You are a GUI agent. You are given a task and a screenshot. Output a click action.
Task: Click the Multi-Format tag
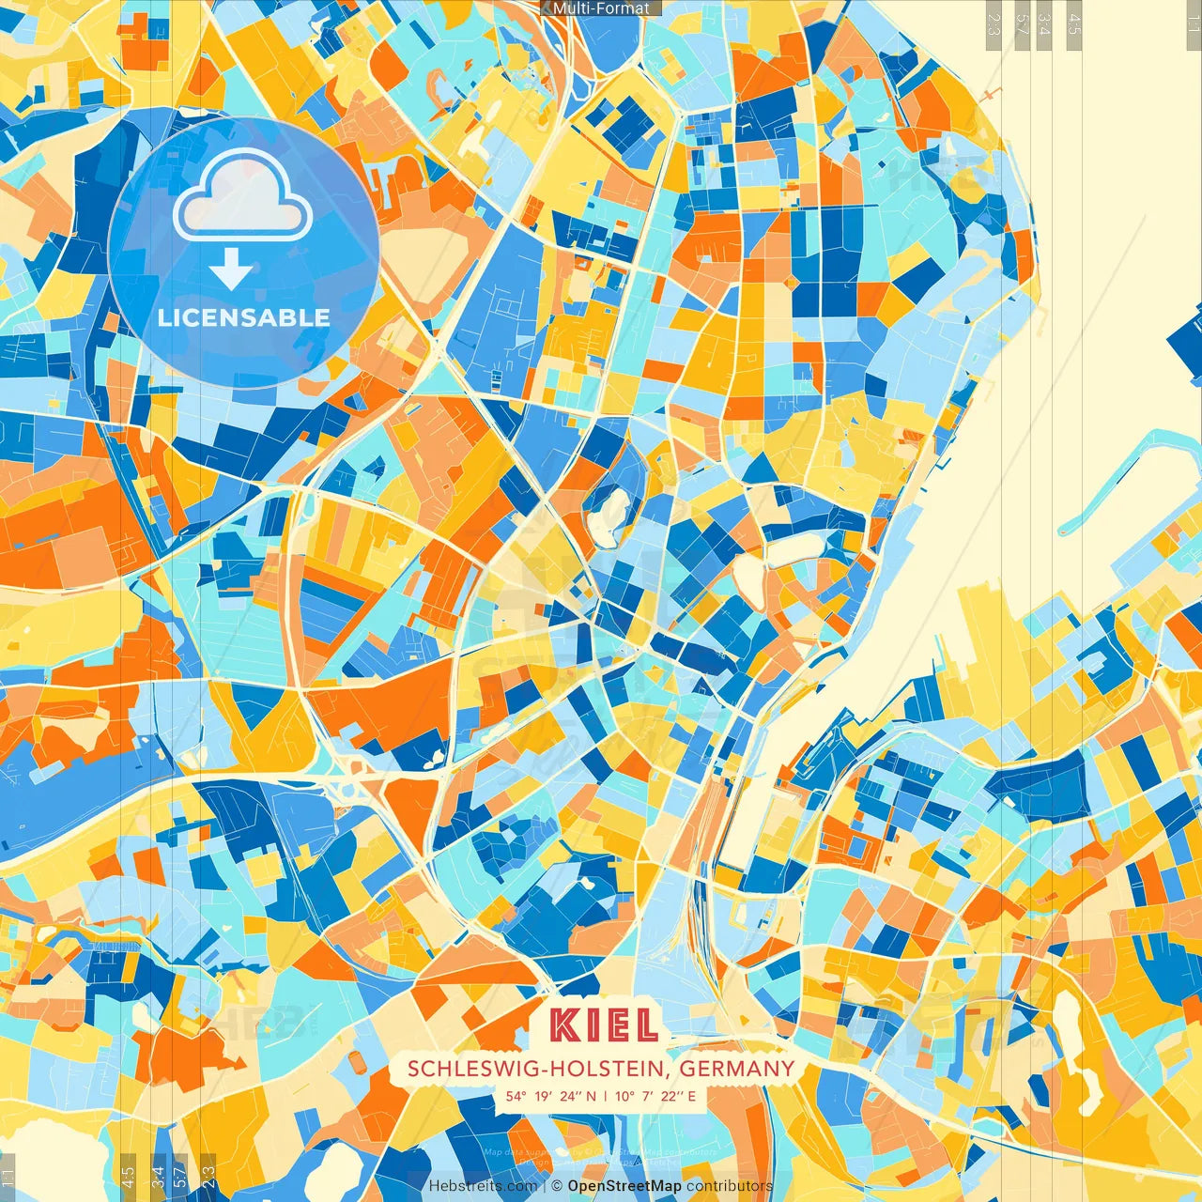point(601,8)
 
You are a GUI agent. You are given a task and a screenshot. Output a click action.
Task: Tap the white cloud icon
point(243,196)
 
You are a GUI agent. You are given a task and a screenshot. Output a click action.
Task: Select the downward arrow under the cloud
point(231,270)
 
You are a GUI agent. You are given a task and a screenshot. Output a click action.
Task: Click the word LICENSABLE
point(244,317)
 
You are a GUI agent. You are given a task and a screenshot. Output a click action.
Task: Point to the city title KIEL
point(604,1026)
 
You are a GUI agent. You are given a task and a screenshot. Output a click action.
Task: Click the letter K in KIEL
point(564,1026)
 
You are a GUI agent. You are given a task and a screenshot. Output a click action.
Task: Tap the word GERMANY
point(737,1069)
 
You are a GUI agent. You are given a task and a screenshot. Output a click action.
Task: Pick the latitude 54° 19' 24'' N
point(551,1096)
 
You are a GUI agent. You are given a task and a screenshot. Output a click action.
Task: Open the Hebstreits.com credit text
point(483,1186)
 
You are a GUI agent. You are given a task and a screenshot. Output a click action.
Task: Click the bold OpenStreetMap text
point(624,1186)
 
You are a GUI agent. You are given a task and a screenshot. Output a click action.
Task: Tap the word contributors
point(729,1186)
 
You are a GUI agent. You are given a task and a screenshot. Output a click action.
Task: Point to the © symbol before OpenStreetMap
point(556,1186)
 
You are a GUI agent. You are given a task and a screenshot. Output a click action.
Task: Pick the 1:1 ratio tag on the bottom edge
point(8,1176)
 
